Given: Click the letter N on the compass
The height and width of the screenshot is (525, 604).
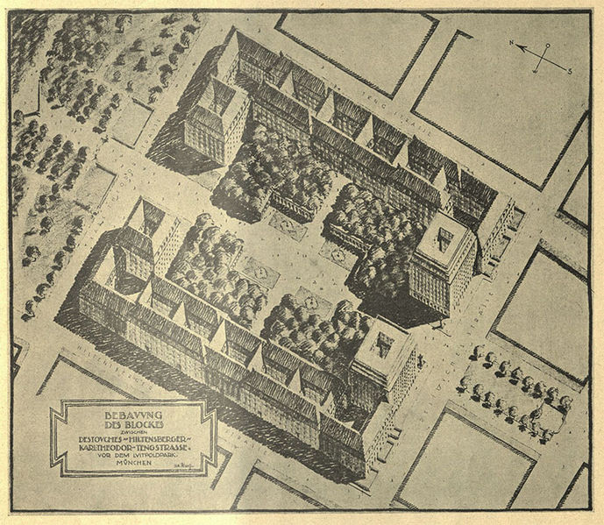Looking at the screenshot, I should (511, 41).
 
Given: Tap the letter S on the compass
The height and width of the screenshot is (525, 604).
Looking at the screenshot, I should (570, 71).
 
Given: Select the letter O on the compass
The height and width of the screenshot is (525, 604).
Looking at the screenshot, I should (549, 46).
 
